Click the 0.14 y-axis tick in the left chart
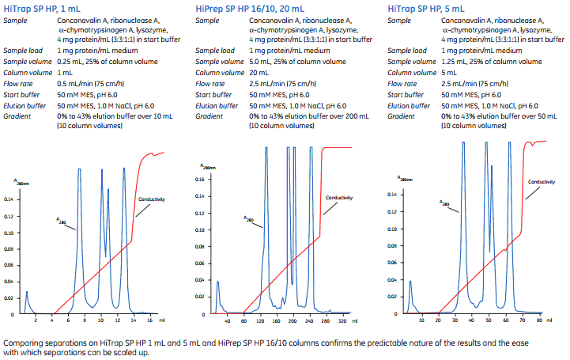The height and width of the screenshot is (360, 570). [x=9, y=199]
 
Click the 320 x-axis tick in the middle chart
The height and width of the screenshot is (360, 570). [x=342, y=324]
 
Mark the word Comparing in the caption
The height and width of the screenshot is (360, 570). [x=23, y=342]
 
